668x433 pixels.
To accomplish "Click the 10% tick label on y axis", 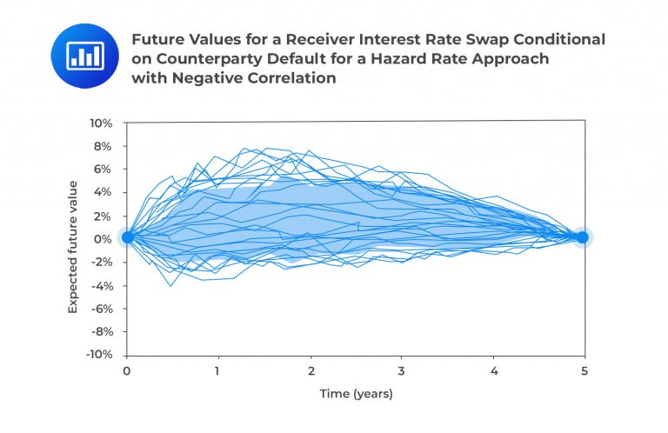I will tap(100, 123).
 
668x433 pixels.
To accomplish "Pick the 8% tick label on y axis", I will tap(103, 146).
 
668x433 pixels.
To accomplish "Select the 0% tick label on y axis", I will tap(103, 239).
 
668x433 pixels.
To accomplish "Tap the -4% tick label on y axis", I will tap(101, 285).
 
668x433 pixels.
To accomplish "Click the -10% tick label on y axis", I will tap(99, 355).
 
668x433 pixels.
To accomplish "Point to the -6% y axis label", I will tap(101, 309).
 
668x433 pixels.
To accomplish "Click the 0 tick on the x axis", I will tap(126, 370).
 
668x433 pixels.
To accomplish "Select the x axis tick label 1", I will tap(218, 370).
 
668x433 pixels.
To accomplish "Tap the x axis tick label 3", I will tap(401, 370).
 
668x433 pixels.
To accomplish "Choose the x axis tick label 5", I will tap(584, 370).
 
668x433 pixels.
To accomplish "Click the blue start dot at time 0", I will tap(127, 236).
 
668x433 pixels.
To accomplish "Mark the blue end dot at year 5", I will tap(583, 236).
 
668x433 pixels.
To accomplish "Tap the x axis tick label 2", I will tap(310, 370).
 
